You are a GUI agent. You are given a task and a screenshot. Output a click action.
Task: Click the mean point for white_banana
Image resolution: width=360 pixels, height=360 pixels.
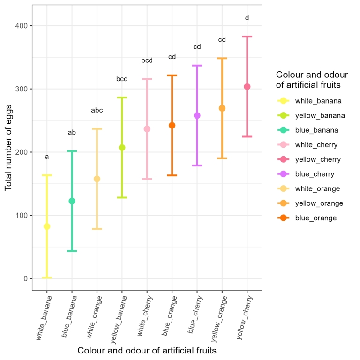[x=47, y=226]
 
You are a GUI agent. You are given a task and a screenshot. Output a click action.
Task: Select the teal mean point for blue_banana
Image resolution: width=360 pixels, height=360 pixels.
[x=72, y=201]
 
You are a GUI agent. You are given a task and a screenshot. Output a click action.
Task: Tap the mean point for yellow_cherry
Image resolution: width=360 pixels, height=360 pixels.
[x=247, y=87]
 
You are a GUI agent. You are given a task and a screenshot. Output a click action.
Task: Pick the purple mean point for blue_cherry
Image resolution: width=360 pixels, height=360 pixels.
[x=197, y=115]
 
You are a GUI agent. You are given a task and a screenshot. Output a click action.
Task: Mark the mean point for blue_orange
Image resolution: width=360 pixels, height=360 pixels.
[x=172, y=125]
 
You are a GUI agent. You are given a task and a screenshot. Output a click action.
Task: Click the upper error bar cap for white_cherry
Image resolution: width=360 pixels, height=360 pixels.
[x=147, y=79]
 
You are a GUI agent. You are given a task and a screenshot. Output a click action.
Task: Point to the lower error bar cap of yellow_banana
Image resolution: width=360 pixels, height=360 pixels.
[x=122, y=197]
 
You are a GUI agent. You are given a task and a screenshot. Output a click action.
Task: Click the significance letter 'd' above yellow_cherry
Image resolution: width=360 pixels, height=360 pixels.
[x=247, y=18]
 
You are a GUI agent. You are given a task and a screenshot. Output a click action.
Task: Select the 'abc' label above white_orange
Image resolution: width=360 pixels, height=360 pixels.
[x=97, y=111]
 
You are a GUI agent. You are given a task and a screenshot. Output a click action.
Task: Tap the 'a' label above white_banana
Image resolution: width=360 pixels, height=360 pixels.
[x=47, y=157]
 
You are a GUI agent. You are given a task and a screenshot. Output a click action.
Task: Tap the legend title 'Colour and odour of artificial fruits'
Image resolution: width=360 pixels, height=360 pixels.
[x=312, y=80]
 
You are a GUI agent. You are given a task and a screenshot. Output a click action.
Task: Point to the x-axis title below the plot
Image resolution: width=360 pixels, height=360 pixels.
[x=147, y=350]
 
